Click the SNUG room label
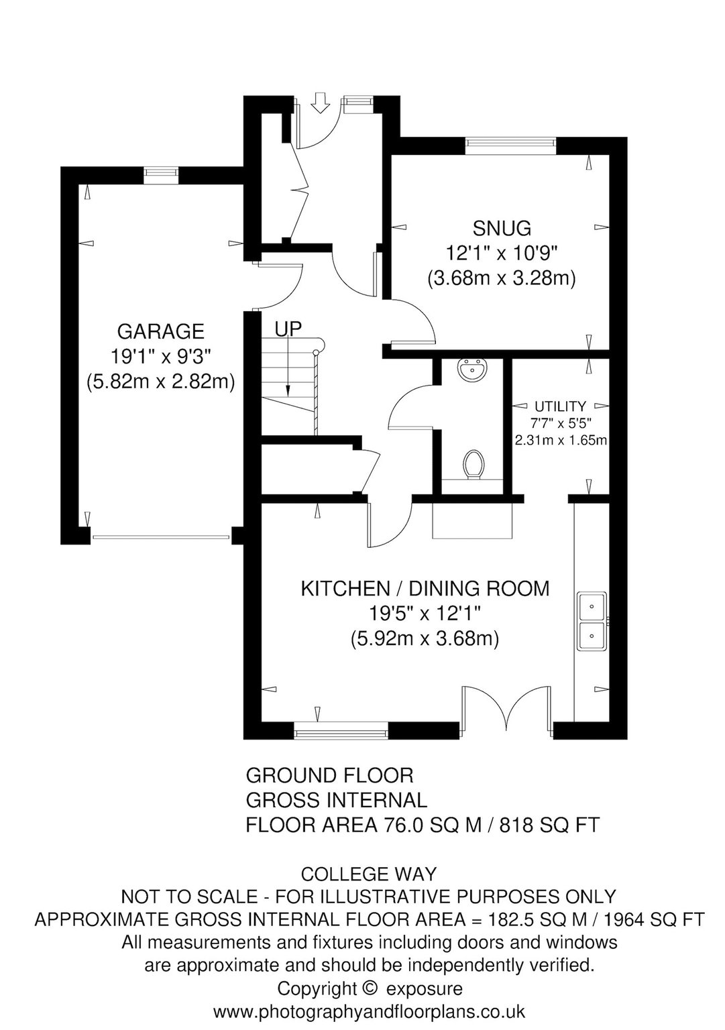click(502, 227)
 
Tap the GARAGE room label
click(160, 331)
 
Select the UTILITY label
click(560, 406)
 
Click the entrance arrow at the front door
click(320, 102)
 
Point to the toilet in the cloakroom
click(473, 465)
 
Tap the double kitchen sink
click(592, 621)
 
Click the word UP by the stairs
click(288, 329)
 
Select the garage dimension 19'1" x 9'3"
click(160, 356)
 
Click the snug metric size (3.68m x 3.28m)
click(502, 278)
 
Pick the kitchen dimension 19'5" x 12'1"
click(425, 614)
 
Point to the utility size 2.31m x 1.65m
click(561, 440)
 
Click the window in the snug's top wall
click(510, 146)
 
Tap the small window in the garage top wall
click(161, 175)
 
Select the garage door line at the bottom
click(161, 536)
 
